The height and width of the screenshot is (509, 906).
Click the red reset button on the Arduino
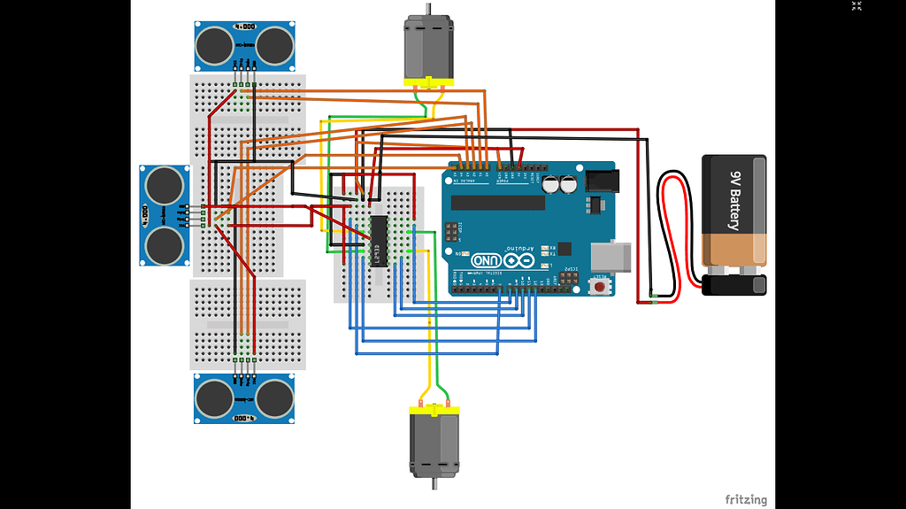(x=602, y=286)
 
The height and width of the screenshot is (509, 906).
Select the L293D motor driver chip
(x=378, y=240)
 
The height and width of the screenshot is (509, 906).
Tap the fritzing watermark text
(x=746, y=499)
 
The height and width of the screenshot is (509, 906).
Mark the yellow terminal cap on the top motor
(x=429, y=83)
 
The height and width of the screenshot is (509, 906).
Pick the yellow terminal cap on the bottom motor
(x=434, y=409)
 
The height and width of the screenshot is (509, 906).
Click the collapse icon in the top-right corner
(x=856, y=6)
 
